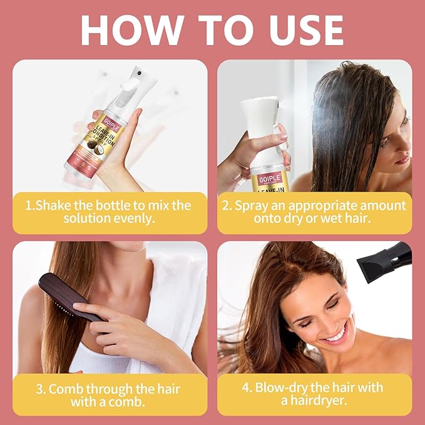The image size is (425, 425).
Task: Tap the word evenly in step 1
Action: (x=139, y=220)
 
